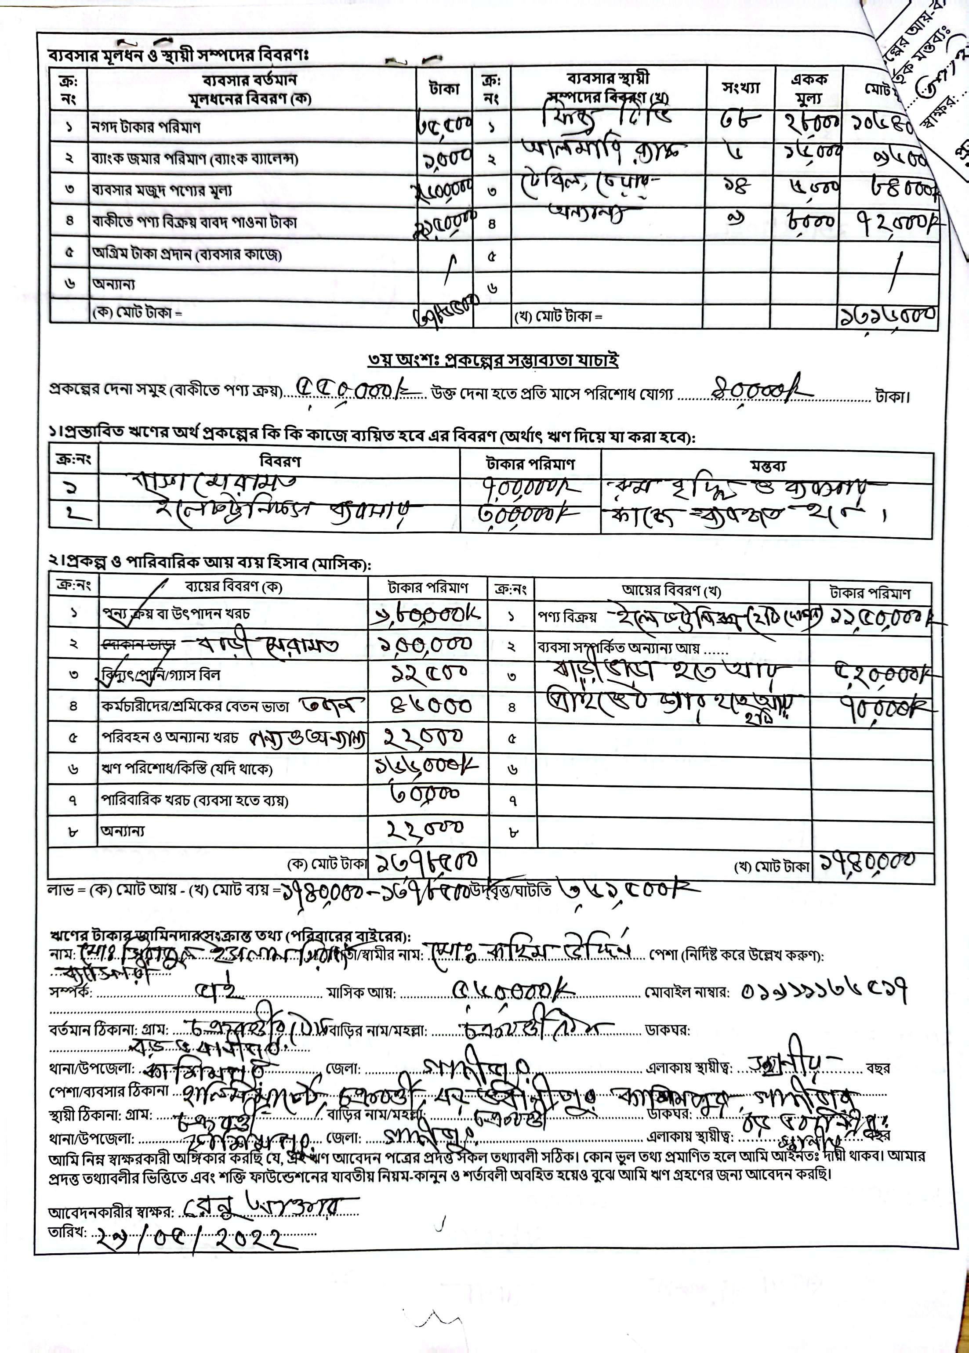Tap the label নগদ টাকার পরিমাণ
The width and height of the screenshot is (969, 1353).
click(x=145, y=127)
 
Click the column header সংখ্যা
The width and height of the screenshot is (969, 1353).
click(x=741, y=88)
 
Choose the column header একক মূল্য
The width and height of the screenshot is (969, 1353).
click(x=809, y=88)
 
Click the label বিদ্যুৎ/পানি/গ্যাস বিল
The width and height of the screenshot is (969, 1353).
click(x=161, y=675)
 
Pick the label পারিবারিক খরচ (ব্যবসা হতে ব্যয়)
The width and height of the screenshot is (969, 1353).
click(x=195, y=800)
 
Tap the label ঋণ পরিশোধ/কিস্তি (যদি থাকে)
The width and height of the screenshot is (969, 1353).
click(x=187, y=769)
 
